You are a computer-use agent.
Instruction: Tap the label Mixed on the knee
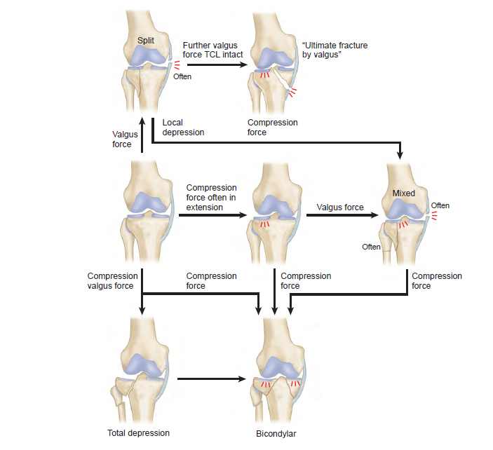(404, 193)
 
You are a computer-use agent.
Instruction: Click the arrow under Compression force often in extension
(213, 216)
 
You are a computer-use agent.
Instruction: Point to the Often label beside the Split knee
(182, 76)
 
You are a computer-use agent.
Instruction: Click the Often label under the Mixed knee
(371, 247)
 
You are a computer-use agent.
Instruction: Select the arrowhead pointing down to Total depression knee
(142, 311)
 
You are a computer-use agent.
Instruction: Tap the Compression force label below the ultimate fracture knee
(273, 128)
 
